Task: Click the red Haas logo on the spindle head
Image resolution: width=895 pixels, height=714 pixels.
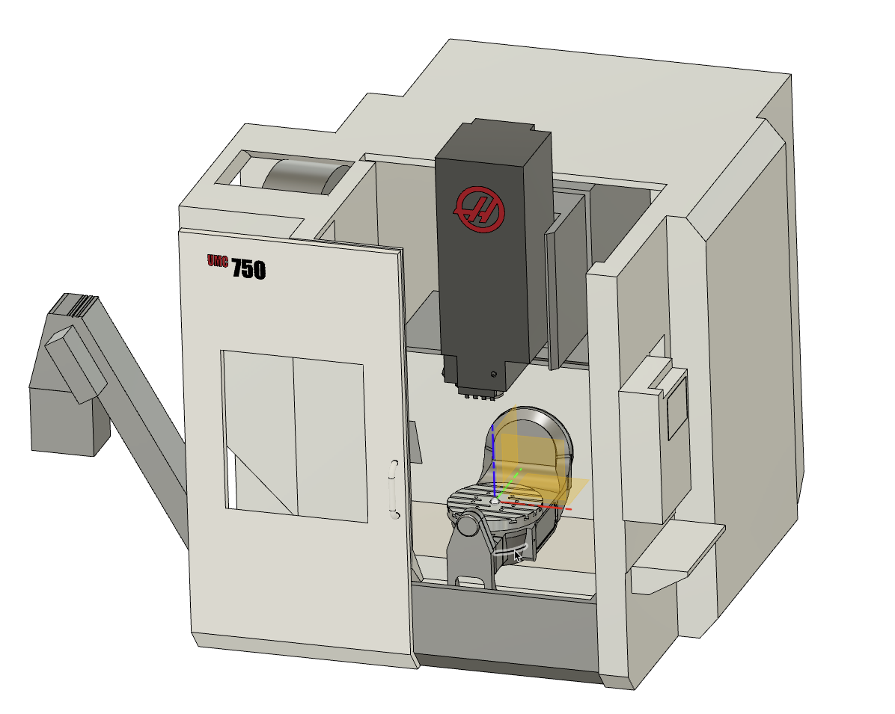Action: click(x=480, y=209)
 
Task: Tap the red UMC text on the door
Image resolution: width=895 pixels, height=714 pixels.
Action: click(x=218, y=261)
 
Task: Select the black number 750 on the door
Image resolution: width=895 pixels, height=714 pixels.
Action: click(x=249, y=269)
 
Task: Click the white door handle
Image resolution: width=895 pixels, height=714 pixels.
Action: click(x=394, y=489)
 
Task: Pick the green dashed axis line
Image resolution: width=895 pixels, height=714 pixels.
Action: click(x=509, y=484)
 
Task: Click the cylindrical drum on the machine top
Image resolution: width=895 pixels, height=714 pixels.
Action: click(x=305, y=176)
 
